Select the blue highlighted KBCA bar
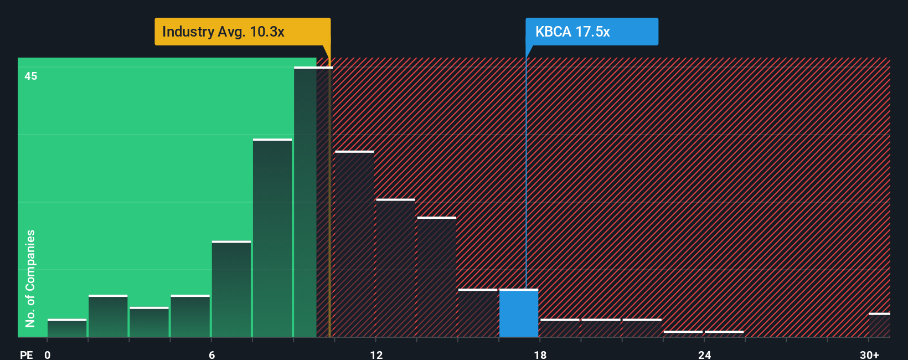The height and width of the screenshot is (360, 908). click(x=518, y=313)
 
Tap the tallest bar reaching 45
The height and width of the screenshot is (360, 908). click(x=313, y=202)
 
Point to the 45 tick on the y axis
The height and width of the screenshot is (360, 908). click(x=31, y=76)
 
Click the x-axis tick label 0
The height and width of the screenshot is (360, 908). click(x=48, y=354)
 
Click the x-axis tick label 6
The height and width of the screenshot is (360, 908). click(x=212, y=354)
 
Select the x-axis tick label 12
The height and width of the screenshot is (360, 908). click(x=376, y=354)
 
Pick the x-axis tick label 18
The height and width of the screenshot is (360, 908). click(x=540, y=354)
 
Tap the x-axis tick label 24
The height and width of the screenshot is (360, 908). click(x=704, y=354)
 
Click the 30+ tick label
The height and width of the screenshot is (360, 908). click(x=869, y=354)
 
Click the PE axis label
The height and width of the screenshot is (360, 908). click(x=26, y=354)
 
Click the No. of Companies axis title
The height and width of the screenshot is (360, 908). click(x=30, y=278)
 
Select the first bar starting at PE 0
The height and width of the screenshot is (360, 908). click(x=67, y=328)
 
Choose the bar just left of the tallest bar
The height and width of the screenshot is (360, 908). click(x=272, y=238)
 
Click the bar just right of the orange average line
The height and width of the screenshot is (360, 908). click(x=354, y=244)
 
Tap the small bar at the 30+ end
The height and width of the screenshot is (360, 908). click(x=879, y=325)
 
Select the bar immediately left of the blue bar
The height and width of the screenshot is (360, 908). click(x=477, y=313)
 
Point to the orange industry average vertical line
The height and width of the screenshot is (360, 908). click(x=329, y=222)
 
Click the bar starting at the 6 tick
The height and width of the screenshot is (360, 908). click(x=231, y=289)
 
